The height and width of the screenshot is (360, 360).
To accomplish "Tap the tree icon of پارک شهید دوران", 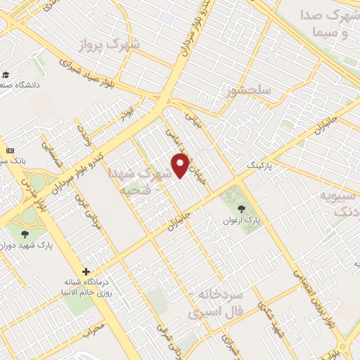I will (26, 233).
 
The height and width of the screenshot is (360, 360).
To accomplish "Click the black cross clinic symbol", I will (86, 271).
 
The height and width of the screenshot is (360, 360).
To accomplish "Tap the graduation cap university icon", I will (5, 75).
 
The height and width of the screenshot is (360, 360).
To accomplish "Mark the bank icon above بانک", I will (10, 150).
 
